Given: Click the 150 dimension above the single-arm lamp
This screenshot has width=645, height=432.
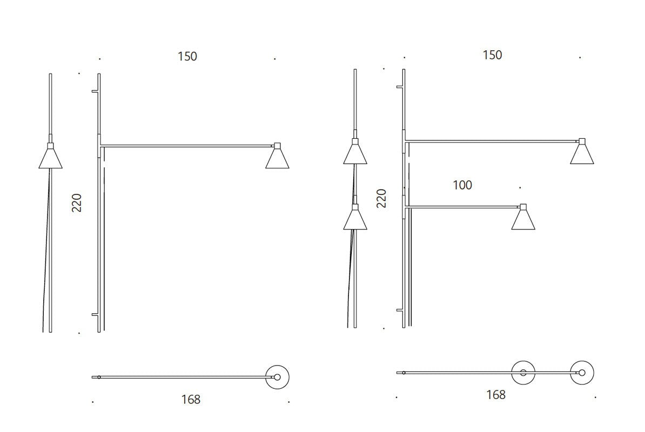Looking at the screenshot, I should pyautogui.click(x=187, y=56).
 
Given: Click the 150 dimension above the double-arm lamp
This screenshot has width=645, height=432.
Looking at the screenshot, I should pyautogui.click(x=492, y=55).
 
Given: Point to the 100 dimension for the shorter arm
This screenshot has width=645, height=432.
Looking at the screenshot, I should pyautogui.click(x=462, y=185).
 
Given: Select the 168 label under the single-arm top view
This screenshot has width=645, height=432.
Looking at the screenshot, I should pyautogui.click(x=191, y=400).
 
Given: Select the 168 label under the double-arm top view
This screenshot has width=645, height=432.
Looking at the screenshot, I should pyautogui.click(x=496, y=395).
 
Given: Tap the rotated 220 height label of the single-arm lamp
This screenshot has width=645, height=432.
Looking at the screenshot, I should pyautogui.click(x=77, y=202).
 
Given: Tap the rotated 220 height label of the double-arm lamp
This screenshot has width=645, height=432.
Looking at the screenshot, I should pyautogui.click(x=382, y=198).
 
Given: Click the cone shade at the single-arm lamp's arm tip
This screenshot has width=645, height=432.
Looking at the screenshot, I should pyautogui.click(x=277, y=159).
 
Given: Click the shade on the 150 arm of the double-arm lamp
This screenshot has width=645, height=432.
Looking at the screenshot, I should pyautogui.click(x=582, y=154).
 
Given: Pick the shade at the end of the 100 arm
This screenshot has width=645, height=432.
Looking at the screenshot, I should pyautogui.click(x=523, y=220).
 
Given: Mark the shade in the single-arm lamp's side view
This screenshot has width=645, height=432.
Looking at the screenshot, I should pyautogui.click(x=50, y=158).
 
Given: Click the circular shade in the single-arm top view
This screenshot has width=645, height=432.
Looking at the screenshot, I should pyautogui.click(x=277, y=377).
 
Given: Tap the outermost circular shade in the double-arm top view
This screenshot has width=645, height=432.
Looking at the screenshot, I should pyautogui.click(x=582, y=373).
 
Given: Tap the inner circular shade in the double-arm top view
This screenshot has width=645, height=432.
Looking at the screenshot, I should pyautogui.click(x=523, y=373).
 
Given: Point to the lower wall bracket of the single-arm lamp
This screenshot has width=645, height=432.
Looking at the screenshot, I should pyautogui.click(x=95, y=314).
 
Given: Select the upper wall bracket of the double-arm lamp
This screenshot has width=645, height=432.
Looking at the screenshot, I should pyautogui.click(x=400, y=86).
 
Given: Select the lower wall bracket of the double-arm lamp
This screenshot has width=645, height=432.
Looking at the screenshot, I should pyautogui.click(x=400, y=310).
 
